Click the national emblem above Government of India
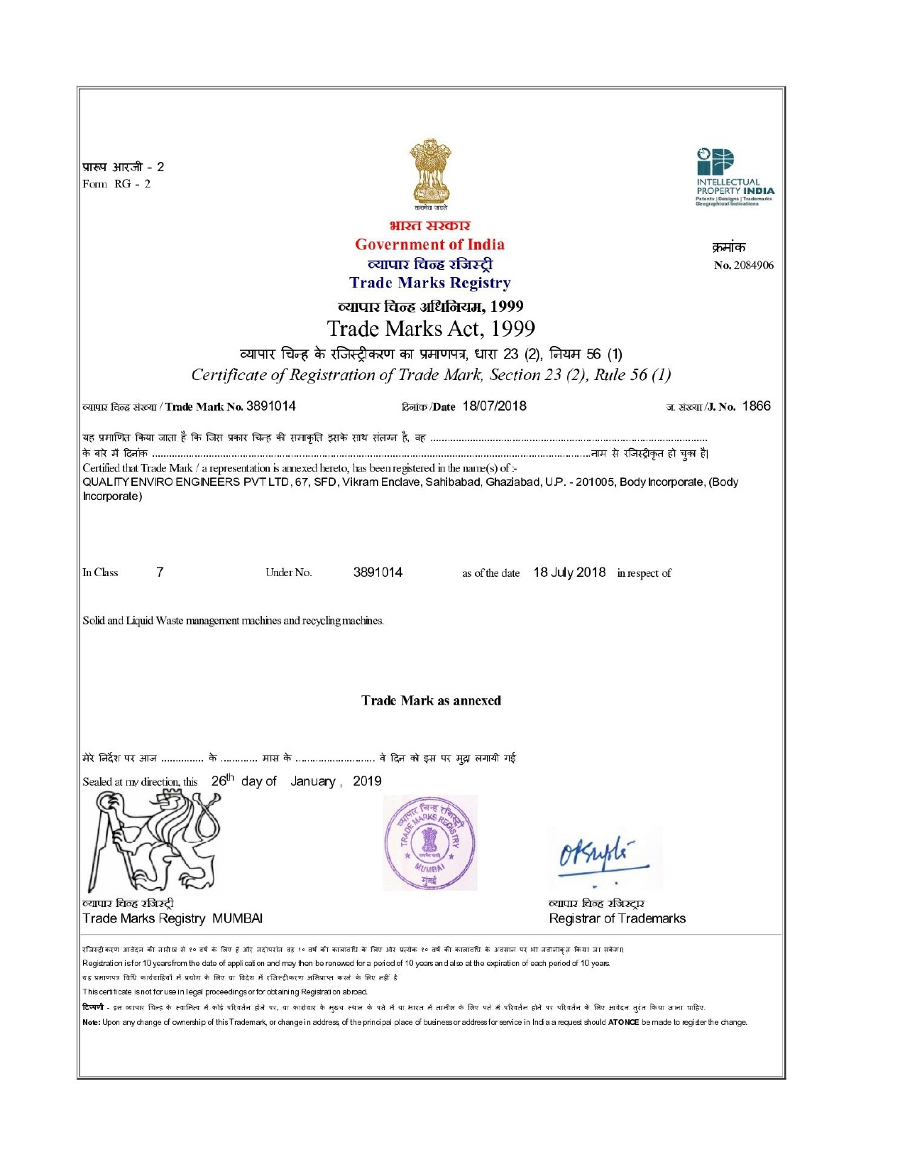tap(429, 173)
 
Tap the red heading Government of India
tap(429, 245)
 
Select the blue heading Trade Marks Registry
tap(429, 283)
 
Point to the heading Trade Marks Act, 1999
tap(431, 329)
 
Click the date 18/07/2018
tap(494, 406)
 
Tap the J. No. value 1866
tap(756, 406)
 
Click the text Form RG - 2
tap(116, 184)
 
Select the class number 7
tap(160, 573)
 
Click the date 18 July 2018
tap(569, 573)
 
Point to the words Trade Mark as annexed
tap(431, 700)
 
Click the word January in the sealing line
tap(313, 781)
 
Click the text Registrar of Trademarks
tap(617, 918)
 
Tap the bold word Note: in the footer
tap(91, 1023)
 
